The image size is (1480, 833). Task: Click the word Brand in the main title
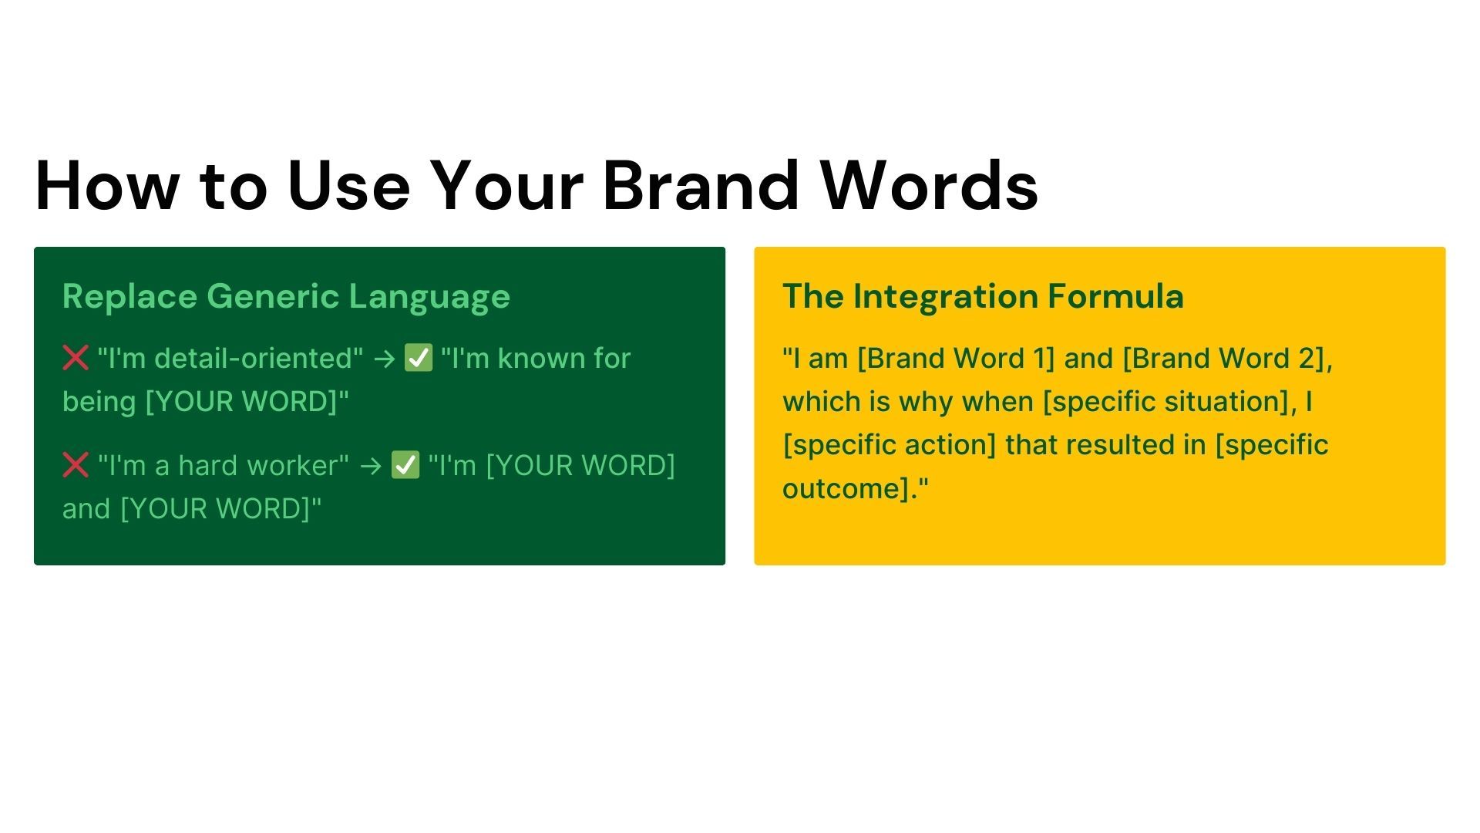[x=701, y=185]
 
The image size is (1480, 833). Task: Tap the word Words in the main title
[x=929, y=185]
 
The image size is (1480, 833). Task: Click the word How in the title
[x=107, y=185]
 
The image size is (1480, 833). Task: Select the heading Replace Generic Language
[x=286, y=297]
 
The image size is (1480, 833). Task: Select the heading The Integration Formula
[x=983, y=296]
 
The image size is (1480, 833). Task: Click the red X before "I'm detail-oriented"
[x=76, y=358]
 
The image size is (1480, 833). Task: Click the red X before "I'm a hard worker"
[x=76, y=465]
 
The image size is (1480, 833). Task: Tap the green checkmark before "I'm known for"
[x=419, y=358]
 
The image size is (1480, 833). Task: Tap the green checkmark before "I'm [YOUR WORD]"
[x=405, y=465]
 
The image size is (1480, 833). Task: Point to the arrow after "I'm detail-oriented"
[x=384, y=359]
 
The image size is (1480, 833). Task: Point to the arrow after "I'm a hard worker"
[x=371, y=466]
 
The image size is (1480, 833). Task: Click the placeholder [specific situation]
[x=1166, y=402]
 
